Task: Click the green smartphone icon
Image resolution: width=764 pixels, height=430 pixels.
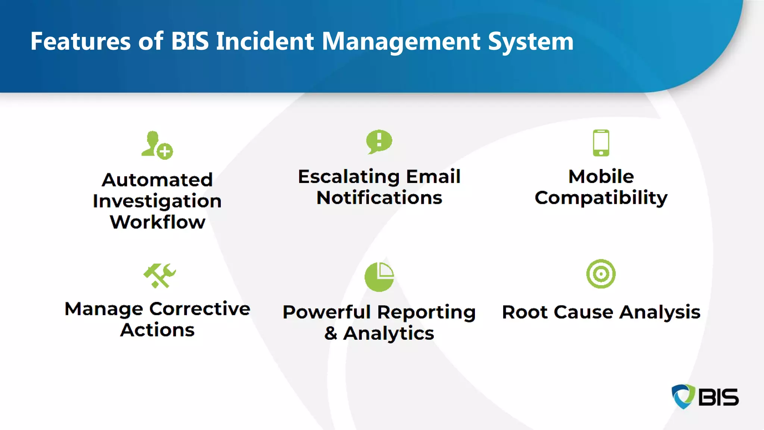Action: (x=601, y=143)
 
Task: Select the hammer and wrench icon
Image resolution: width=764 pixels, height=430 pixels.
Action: (x=159, y=276)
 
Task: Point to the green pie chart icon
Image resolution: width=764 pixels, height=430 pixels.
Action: (x=379, y=277)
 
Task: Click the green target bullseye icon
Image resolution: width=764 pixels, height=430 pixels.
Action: (x=601, y=274)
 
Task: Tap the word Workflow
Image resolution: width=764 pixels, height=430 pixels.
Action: (x=157, y=222)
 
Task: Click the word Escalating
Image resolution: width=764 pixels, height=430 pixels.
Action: (x=348, y=177)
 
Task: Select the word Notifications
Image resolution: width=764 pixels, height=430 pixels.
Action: (x=379, y=198)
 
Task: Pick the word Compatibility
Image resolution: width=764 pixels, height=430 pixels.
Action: (x=601, y=198)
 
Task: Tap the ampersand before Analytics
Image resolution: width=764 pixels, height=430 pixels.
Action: (x=331, y=333)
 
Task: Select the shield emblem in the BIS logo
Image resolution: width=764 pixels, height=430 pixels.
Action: (x=683, y=396)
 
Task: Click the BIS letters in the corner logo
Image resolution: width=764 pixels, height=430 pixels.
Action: (x=718, y=397)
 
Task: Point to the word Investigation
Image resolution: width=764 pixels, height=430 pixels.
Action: (x=157, y=202)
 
